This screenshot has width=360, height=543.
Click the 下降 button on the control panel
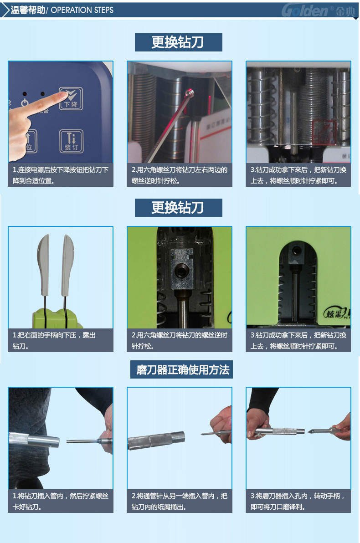pos(71,99)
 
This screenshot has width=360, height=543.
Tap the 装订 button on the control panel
pos(71,141)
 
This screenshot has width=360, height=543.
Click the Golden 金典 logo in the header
pos(319,10)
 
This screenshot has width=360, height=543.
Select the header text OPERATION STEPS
pos(82,10)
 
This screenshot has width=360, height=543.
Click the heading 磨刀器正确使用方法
pos(183,370)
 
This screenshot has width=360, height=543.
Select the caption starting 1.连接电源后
pos(60,175)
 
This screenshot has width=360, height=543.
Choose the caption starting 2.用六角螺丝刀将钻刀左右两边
pos(179,175)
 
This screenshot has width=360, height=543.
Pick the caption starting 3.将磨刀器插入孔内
pos(298,501)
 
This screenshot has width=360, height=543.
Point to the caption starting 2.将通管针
pos(179,501)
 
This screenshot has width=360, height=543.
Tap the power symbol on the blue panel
pos(25,103)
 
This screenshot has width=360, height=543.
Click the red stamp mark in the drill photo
pos(324,132)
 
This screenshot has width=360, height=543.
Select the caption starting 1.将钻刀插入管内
pos(60,501)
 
